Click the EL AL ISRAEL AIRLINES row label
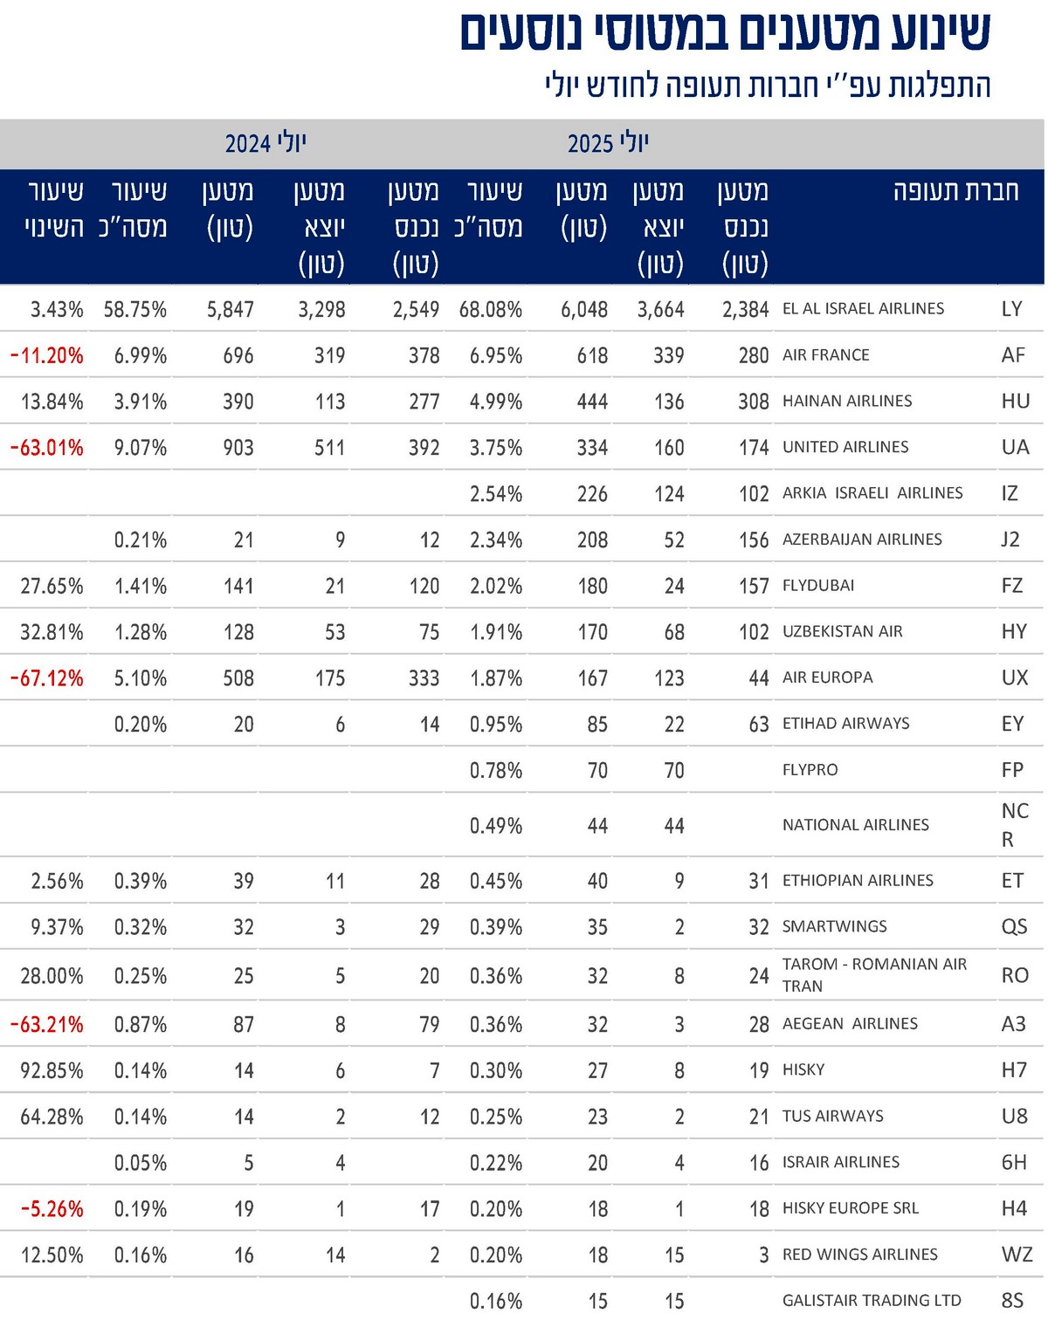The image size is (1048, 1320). [x=863, y=309]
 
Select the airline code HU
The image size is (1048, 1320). [x=1015, y=402]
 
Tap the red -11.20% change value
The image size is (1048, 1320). [x=47, y=356]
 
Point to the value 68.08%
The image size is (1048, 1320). [x=491, y=310]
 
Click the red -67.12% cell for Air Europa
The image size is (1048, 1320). [x=47, y=678]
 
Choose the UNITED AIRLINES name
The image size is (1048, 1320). [x=845, y=447]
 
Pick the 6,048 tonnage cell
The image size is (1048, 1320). [x=584, y=310]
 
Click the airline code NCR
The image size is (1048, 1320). [x=1014, y=825]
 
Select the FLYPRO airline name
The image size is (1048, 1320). [x=810, y=770]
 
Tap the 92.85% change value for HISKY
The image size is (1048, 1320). [x=52, y=1071]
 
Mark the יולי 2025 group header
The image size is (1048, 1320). [x=608, y=143]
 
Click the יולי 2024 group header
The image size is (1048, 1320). [x=265, y=143]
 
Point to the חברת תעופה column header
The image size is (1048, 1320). [x=955, y=191]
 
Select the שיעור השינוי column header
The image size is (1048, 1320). [x=54, y=210]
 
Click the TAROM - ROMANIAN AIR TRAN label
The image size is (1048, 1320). [x=873, y=975]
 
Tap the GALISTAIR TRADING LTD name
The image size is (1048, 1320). [x=871, y=1301]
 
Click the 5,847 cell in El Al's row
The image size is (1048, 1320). [x=231, y=310]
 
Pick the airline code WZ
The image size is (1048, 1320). [x=1017, y=1255]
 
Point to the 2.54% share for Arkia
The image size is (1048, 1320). [x=496, y=494]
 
